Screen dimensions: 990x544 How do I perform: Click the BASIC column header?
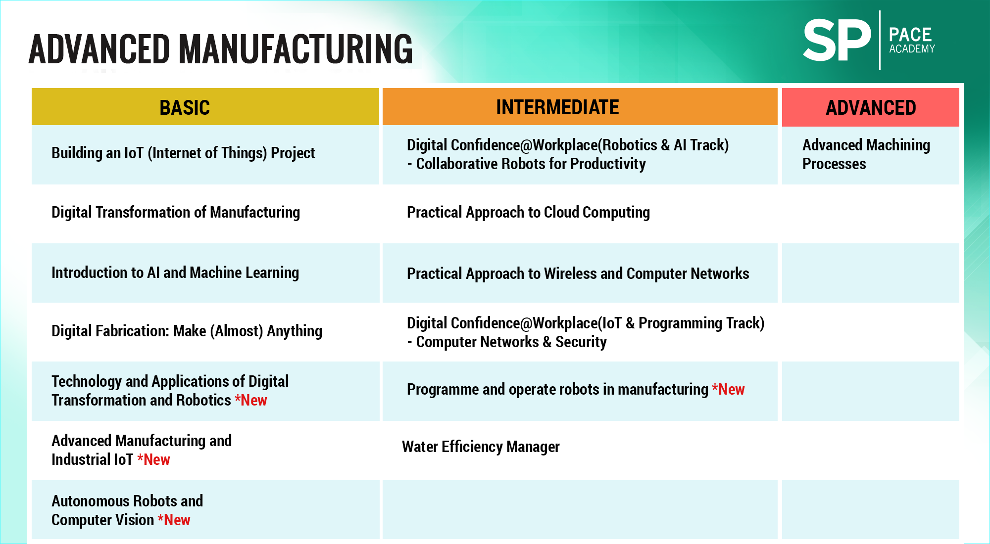click(185, 107)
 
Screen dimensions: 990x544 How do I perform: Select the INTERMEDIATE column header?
click(557, 107)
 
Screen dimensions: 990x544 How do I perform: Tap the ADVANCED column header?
click(871, 107)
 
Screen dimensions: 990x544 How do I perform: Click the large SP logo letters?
click(837, 40)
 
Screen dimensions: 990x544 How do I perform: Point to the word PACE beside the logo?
click(910, 35)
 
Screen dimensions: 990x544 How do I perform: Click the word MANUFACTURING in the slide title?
click(296, 49)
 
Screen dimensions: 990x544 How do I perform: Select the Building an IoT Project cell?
click(183, 153)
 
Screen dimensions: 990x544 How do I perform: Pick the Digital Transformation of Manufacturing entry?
click(176, 212)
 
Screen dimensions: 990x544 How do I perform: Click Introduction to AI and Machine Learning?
click(175, 272)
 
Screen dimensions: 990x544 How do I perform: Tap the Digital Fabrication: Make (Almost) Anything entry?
click(187, 331)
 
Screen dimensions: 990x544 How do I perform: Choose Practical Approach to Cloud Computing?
click(528, 212)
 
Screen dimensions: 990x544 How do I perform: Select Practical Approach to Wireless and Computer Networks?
click(578, 273)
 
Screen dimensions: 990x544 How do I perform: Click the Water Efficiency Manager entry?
click(481, 447)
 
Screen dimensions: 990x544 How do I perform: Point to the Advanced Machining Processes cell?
click(866, 154)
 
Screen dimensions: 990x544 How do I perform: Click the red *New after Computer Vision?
click(174, 520)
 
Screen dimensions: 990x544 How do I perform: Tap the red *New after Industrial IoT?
click(153, 459)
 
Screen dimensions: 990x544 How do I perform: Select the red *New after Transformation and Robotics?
click(251, 400)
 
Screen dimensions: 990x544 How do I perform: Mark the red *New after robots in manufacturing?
click(728, 389)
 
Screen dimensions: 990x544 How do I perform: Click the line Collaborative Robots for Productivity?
click(526, 164)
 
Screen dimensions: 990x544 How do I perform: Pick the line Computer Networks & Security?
click(507, 342)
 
